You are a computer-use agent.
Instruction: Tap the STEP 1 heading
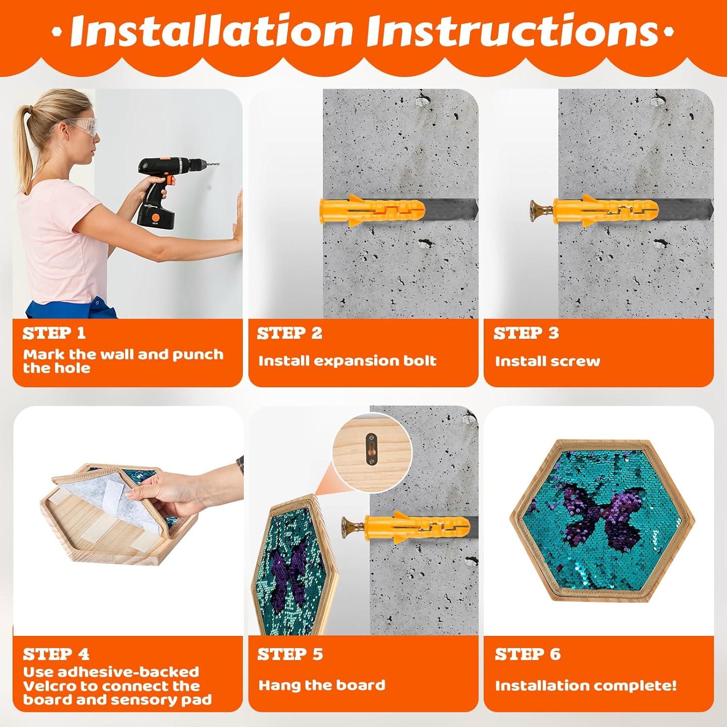(54, 333)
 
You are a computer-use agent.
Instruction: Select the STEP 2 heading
(289, 333)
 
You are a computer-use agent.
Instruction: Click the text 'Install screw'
(547, 361)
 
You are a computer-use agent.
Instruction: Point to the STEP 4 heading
(56, 654)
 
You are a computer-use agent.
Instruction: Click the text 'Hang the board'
(322, 685)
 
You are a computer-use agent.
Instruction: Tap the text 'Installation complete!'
(585, 685)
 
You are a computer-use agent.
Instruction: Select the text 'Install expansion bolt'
(347, 361)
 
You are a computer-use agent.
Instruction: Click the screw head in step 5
(346, 525)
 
